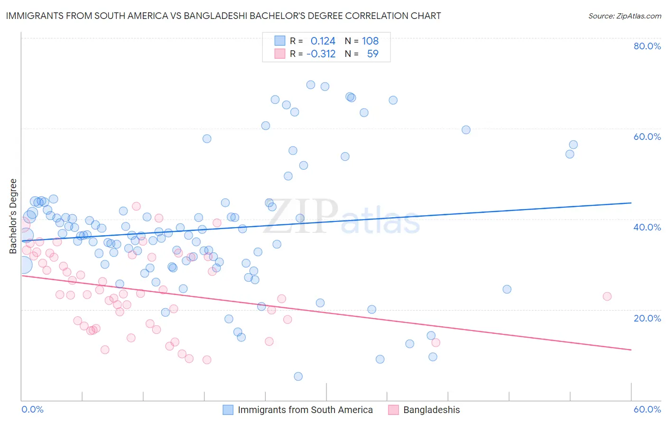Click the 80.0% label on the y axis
[x=647, y=46]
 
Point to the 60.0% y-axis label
[x=647, y=137]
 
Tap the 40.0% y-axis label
[x=647, y=227]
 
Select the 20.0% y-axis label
[x=647, y=318]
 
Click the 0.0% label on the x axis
[x=32, y=409]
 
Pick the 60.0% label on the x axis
[x=647, y=409]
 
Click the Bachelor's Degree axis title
[x=13, y=216]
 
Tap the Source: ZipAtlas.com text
[x=624, y=16]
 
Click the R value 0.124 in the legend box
[x=323, y=41]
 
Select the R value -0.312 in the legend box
[x=321, y=54]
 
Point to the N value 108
[x=370, y=41]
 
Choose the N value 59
[x=372, y=54]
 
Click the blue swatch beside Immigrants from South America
[x=228, y=410]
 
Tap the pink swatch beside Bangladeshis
[x=393, y=410]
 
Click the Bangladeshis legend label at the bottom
[x=431, y=410]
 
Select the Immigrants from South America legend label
[x=305, y=410]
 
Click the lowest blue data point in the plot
[x=298, y=377]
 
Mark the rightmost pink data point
[x=607, y=296]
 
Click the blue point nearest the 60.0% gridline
[x=466, y=130]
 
